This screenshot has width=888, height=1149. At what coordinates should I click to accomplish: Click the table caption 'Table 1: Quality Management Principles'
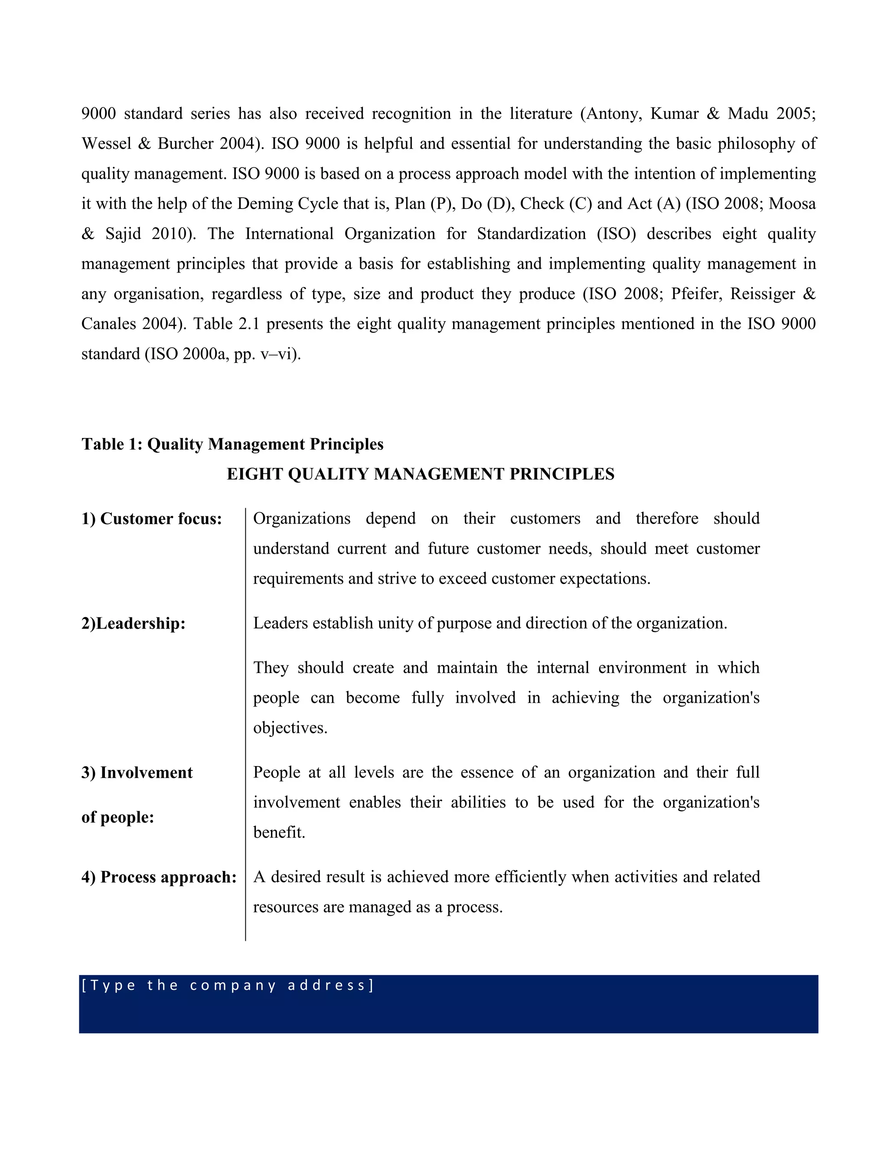232,444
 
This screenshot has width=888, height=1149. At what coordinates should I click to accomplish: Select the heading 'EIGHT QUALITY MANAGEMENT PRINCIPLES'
420,474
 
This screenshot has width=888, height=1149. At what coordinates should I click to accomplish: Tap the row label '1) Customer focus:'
151,519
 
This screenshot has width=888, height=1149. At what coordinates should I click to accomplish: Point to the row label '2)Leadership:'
133,623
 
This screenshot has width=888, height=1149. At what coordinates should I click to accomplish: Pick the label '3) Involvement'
137,772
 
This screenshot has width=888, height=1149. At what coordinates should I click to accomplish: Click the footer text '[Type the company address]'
227,985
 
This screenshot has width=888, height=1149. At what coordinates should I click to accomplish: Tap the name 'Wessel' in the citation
106,144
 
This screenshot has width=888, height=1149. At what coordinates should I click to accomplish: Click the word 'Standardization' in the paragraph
531,234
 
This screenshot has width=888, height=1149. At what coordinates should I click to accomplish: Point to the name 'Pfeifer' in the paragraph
695,294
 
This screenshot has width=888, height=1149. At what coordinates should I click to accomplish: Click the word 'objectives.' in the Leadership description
291,728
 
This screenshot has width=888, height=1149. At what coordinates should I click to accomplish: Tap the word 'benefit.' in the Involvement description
279,832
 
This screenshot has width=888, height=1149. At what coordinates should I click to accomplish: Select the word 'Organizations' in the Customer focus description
301,519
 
